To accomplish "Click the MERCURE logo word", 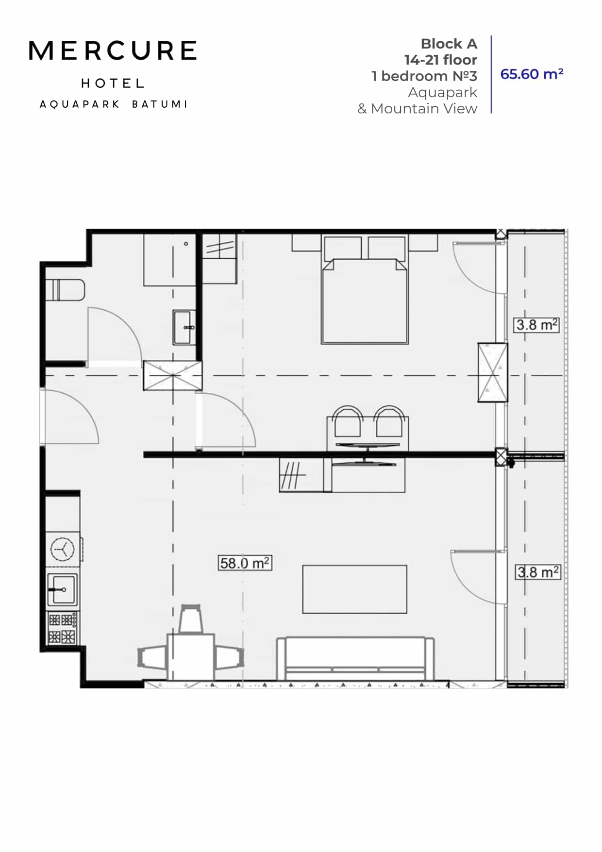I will [113, 51].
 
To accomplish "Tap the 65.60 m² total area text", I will [532, 74].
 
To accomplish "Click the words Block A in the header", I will [449, 44].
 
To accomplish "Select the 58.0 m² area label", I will [245, 563].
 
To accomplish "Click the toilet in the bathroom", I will [66, 290].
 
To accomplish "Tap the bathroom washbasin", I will [184, 327].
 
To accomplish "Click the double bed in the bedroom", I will [365, 301].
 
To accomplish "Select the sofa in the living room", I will [355, 658].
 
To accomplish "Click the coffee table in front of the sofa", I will [354, 589].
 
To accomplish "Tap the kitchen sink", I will [62, 589].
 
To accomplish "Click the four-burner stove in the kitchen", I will [62, 628].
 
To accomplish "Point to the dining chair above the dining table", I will [191, 618].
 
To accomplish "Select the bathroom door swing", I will [114, 335].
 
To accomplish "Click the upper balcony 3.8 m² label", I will [536, 324].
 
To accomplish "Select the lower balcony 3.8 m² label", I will [537, 572].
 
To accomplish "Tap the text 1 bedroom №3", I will [424, 76].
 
